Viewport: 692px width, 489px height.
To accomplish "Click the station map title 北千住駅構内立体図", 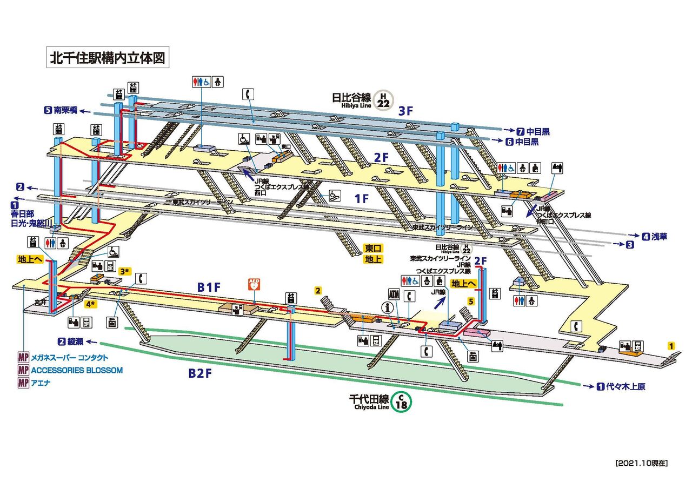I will [x=107, y=57].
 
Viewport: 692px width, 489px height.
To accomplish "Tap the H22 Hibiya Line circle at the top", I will [x=384, y=100].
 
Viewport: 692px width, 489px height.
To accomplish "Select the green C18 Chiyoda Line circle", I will [x=401, y=401].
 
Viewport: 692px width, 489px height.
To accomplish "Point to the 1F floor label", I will [x=362, y=198].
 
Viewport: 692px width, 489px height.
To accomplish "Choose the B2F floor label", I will [x=201, y=373].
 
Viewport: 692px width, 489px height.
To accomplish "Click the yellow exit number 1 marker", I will [x=671, y=346].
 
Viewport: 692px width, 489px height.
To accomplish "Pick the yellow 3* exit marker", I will [x=125, y=271].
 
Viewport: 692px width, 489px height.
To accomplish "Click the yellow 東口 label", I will [x=373, y=248].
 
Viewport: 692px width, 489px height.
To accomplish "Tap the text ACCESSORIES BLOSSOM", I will [x=77, y=370].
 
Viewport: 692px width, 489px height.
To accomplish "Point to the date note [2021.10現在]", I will [x=642, y=463].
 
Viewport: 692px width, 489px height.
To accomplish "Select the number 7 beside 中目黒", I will [x=521, y=131].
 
